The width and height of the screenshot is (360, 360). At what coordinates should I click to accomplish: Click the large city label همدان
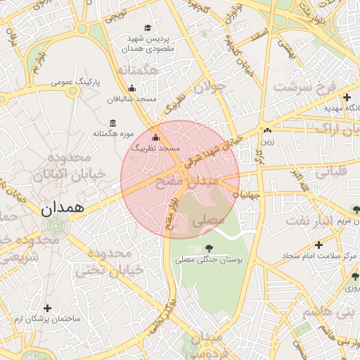(62, 208)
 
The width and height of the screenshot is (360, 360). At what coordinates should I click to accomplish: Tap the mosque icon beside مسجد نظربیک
(155, 137)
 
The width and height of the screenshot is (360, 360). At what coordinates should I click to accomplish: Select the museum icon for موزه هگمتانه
(113, 124)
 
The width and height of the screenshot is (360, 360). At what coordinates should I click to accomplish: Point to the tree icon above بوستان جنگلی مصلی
(209, 247)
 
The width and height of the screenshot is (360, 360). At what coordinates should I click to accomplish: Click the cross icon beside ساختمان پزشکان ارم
(47, 308)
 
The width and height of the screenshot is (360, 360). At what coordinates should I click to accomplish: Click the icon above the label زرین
(266, 130)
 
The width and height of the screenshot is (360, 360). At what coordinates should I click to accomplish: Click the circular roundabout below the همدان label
(55, 226)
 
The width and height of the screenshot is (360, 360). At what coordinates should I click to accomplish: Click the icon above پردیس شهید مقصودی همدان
(147, 27)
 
